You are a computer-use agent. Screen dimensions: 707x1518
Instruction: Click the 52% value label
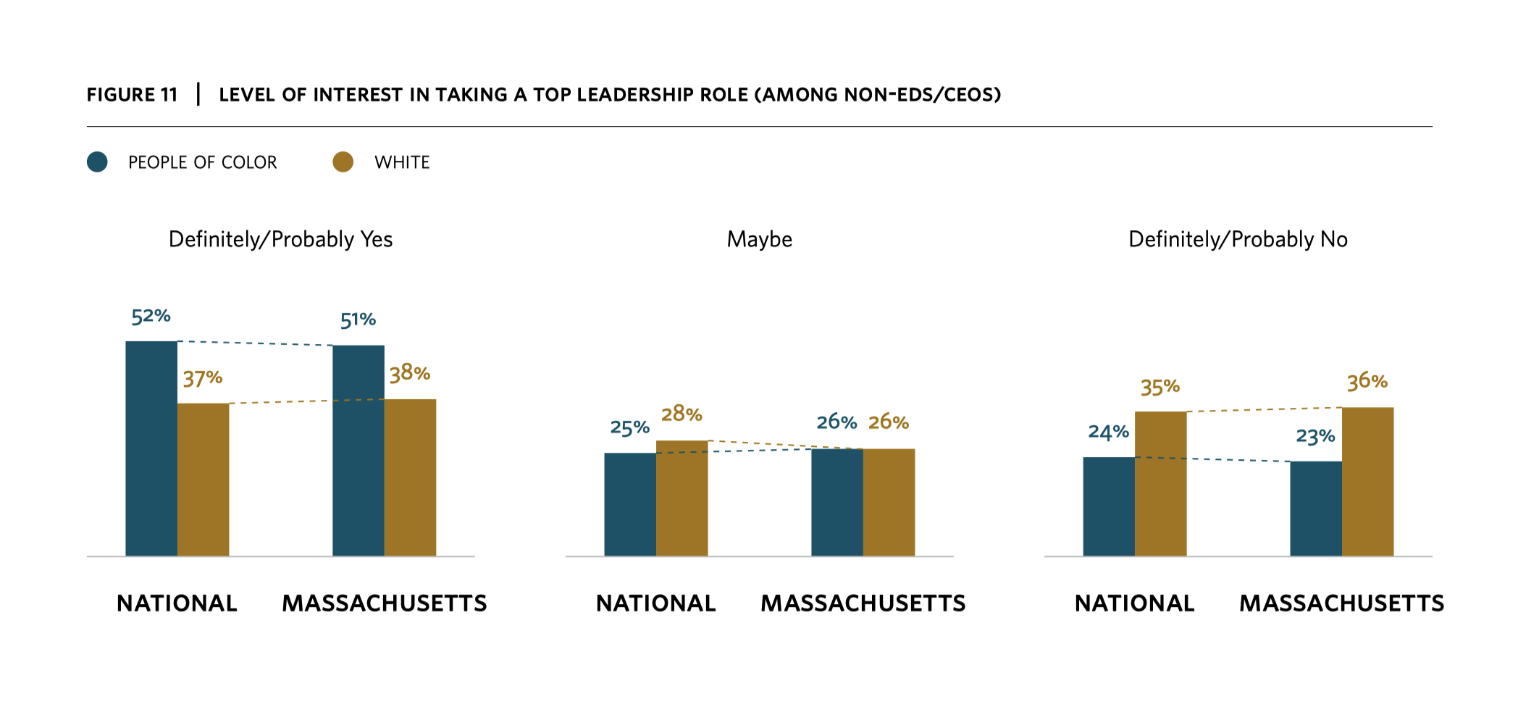coord(151,317)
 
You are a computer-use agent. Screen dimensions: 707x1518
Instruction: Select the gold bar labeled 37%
coord(203,480)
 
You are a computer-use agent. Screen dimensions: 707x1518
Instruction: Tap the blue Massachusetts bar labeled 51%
coord(358,451)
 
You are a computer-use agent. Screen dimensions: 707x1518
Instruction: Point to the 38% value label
coord(410,374)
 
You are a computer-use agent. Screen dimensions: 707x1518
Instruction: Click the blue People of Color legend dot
coord(97,162)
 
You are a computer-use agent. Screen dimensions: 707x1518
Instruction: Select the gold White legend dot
coord(343,162)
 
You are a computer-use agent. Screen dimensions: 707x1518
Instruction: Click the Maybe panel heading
coord(759,239)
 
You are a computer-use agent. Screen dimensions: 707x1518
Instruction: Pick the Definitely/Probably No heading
coord(1238,239)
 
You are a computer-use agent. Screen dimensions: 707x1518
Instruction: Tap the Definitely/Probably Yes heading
coord(280,239)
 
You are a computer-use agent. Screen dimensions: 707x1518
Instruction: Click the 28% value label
coord(682,414)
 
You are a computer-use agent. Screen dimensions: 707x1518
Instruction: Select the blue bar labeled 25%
coord(629,504)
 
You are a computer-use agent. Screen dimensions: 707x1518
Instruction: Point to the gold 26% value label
coord(889,422)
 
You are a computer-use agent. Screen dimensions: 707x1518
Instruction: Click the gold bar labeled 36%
coord(1367,482)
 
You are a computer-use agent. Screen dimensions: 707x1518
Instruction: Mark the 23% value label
coord(1315,437)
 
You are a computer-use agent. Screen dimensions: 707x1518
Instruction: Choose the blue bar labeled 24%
coord(1108,506)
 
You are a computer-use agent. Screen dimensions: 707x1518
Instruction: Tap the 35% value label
coord(1160,388)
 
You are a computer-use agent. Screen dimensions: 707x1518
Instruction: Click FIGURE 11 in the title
coord(132,95)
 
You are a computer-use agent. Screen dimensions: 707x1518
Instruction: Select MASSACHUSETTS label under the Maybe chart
coord(863,603)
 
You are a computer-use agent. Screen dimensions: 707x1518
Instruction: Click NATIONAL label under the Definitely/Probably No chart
coord(1134,603)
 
